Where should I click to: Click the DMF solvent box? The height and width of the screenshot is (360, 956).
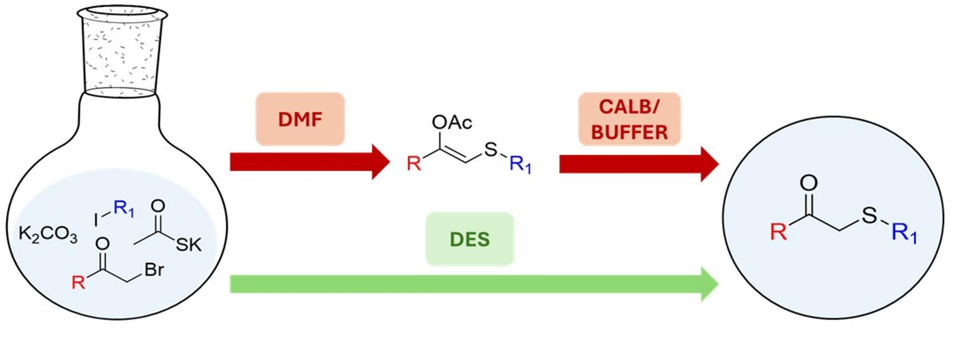click(300, 119)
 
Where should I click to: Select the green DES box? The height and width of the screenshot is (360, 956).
click(470, 239)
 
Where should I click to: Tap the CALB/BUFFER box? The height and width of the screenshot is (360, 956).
click(629, 119)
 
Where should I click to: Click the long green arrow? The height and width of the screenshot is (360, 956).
click(474, 284)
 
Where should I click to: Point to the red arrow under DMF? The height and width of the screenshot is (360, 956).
click(310, 162)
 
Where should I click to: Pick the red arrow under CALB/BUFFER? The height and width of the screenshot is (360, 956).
click(639, 164)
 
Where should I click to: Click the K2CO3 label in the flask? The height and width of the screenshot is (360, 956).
click(48, 235)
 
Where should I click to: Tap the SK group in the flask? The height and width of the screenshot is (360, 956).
click(188, 245)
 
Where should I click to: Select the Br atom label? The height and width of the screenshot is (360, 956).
click(154, 270)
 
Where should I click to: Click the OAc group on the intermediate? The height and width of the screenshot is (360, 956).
click(452, 122)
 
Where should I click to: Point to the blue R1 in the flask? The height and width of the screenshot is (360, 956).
click(124, 209)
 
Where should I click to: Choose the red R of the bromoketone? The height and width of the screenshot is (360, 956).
click(78, 282)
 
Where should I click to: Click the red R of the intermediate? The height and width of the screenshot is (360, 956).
click(413, 163)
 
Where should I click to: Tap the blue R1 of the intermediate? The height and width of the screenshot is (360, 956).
click(521, 165)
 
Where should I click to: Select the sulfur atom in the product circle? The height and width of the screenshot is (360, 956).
click(869, 215)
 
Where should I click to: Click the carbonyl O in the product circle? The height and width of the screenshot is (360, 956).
click(808, 183)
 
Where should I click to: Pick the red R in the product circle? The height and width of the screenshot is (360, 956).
click(778, 232)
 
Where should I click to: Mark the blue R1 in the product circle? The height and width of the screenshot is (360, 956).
click(904, 234)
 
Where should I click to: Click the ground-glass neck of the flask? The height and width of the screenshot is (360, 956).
click(122, 51)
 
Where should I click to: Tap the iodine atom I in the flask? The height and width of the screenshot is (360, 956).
click(96, 220)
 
